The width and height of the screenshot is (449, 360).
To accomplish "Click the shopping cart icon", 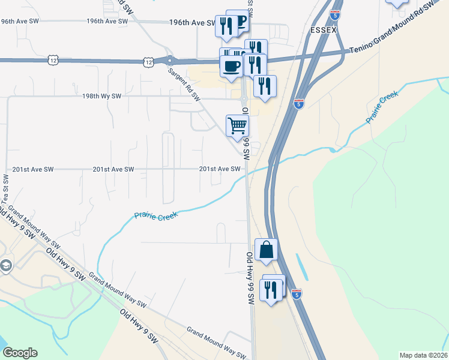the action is pos(237,126).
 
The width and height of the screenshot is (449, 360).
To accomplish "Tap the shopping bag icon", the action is pos(266,250).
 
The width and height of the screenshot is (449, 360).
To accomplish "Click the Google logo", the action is pos(20,353).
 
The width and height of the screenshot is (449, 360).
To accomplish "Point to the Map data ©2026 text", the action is pos(423,355).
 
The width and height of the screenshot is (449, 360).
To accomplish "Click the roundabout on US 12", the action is pos(170,60).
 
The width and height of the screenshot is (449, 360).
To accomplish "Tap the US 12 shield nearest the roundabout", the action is pos(148,61).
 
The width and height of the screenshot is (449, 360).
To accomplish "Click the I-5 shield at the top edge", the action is pos(335,12).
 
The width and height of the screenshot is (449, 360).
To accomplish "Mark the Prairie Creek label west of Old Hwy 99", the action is pos(156,215).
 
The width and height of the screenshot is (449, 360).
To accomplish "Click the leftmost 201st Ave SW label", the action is pos(29,169).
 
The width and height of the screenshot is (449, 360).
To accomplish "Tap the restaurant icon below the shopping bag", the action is pos(271,290).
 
